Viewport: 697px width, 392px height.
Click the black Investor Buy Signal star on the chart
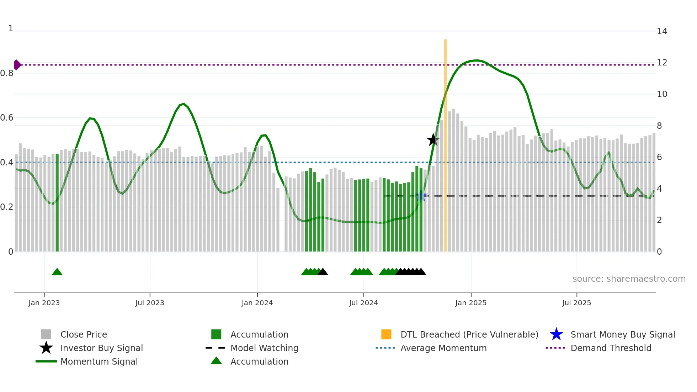(433, 140)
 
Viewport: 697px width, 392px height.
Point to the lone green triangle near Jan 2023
(57, 272)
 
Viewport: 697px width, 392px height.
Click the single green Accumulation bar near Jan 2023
(57, 203)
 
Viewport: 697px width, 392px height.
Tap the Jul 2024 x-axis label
(363, 303)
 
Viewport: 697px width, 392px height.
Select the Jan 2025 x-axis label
(471, 303)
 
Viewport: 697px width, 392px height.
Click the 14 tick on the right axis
(662, 31)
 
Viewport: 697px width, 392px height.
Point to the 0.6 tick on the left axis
(7, 118)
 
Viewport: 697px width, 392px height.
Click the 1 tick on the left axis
(11, 28)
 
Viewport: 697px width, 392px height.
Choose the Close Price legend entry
(84, 334)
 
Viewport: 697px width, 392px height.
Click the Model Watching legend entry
(264, 348)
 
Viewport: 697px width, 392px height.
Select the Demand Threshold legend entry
(611, 348)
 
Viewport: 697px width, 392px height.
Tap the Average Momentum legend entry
(443, 348)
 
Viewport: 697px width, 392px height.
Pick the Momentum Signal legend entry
(99, 361)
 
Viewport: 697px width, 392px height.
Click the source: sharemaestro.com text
(629, 279)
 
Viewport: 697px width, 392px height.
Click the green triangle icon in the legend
(216, 361)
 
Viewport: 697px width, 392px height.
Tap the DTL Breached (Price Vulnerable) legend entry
(469, 334)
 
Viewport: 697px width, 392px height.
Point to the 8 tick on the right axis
(659, 126)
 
